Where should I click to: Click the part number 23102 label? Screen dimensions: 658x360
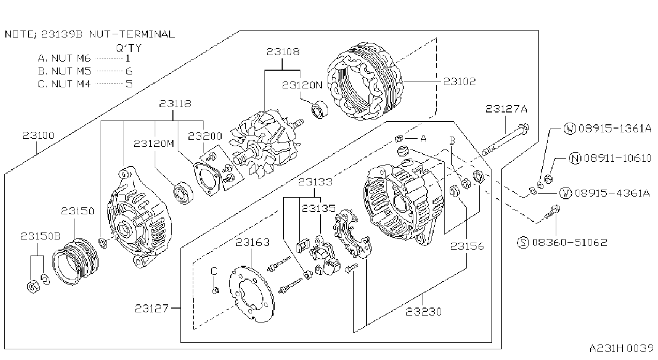(x=459, y=81)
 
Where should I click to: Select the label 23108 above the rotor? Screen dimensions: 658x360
(x=283, y=52)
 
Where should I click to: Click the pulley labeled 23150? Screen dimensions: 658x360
(x=75, y=261)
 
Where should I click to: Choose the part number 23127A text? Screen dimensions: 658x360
(x=506, y=109)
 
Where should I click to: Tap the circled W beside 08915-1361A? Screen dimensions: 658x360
(x=570, y=129)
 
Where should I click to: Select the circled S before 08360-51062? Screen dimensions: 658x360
(x=523, y=243)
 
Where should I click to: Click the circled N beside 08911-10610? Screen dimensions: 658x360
(x=575, y=159)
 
